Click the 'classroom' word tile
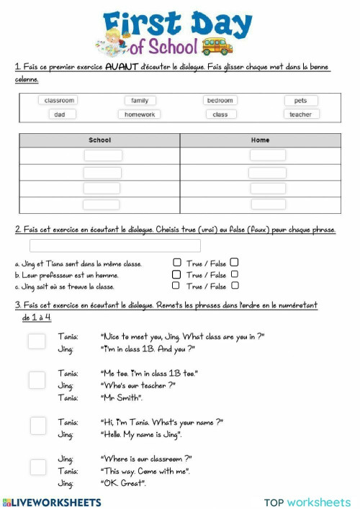click(60, 101)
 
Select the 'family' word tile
click(140, 101)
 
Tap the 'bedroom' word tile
click(220, 101)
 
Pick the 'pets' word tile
click(300, 101)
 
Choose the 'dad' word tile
click(60, 114)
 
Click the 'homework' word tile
click(140, 114)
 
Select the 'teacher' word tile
click(300, 114)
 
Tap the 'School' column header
click(99, 140)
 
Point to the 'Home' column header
click(260, 140)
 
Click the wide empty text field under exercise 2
click(115, 246)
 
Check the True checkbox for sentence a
click(177, 263)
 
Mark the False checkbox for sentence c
click(235, 286)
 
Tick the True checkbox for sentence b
click(177, 274)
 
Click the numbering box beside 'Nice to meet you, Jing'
click(37, 341)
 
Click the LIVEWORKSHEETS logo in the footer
click(52, 502)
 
